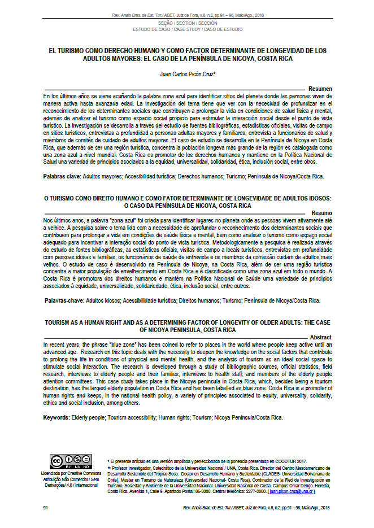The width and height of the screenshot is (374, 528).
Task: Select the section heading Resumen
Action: click(x=320, y=89)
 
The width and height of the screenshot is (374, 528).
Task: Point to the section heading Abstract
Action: click(x=320, y=337)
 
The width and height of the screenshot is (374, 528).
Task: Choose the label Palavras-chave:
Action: click(x=63, y=300)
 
